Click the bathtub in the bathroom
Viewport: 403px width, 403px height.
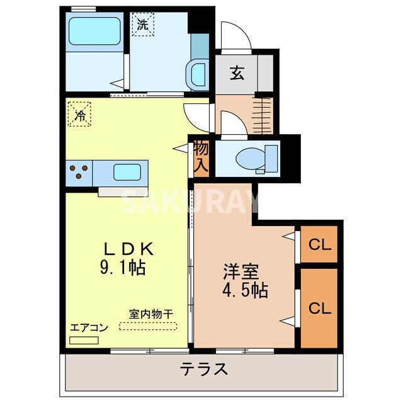click(94, 31)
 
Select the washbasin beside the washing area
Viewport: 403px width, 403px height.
click(198, 74)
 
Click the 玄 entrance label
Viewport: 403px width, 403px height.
click(236, 73)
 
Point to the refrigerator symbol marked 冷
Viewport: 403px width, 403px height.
click(80, 115)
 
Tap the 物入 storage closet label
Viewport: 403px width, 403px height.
click(201, 157)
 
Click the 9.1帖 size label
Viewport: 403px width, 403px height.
click(123, 269)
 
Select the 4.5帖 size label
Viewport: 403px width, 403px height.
click(245, 290)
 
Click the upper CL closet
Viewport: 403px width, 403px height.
click(320, 244)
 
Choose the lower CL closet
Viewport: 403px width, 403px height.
click(320, 309)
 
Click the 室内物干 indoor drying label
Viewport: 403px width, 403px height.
click(151, 314)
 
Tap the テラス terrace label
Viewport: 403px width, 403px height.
click(204, 369)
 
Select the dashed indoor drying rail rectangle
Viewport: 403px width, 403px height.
click(149, 326)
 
